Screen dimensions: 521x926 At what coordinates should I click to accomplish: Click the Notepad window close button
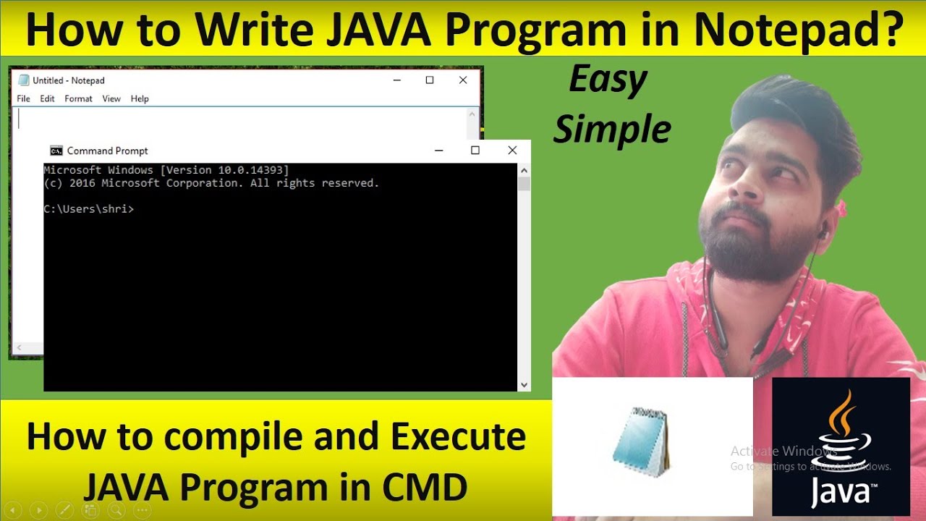(x=463, y=80)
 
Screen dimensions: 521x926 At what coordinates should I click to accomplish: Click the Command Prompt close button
(x=512, y=151)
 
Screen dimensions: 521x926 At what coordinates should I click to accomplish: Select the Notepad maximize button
(x=430, y=80)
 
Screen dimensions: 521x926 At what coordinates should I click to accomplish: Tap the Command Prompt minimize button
(x=438, y=151)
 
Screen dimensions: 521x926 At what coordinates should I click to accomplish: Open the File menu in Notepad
(x=23, y=98)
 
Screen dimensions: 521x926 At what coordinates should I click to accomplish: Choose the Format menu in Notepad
(x=78, y=98)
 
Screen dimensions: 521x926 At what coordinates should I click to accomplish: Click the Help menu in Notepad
(x=140, y=98)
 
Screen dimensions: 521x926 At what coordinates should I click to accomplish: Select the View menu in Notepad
(x=111, y=98)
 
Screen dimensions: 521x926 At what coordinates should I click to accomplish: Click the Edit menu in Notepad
(x=47, y=98)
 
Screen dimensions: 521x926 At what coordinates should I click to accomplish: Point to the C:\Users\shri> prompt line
(x=88, y=209)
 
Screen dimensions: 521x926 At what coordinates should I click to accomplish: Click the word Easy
(x=608, y=80)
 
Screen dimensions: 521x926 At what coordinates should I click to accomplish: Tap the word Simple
(x=612, y=130)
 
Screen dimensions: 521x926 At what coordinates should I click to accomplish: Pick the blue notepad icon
(x=641, y=441)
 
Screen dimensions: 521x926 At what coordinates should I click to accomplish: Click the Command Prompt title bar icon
(x=56, y=151)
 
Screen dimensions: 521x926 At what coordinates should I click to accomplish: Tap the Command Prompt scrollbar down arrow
(x=524, y=385)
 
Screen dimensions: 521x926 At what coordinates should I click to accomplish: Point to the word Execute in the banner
(x=459, y=438)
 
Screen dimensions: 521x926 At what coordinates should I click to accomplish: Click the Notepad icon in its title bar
(x=24, y=80)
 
